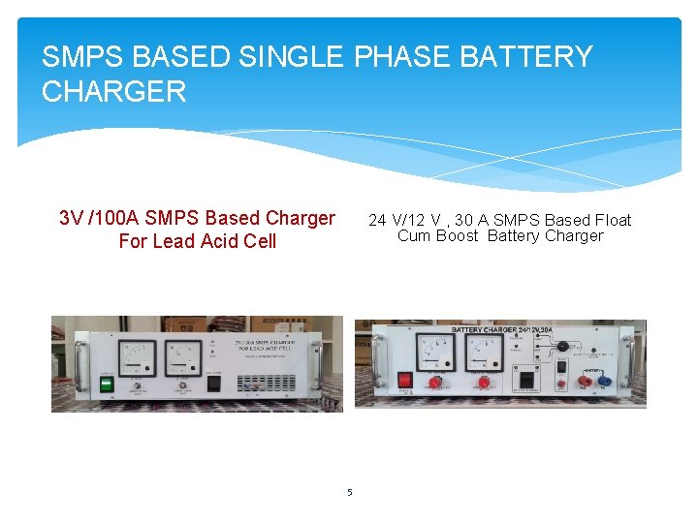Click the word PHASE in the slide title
coord(402,57)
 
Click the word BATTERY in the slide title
coord(525,57)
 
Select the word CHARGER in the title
coord(113,92)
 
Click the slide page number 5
coord(349,493)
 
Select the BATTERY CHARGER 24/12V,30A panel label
coord(500,330)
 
